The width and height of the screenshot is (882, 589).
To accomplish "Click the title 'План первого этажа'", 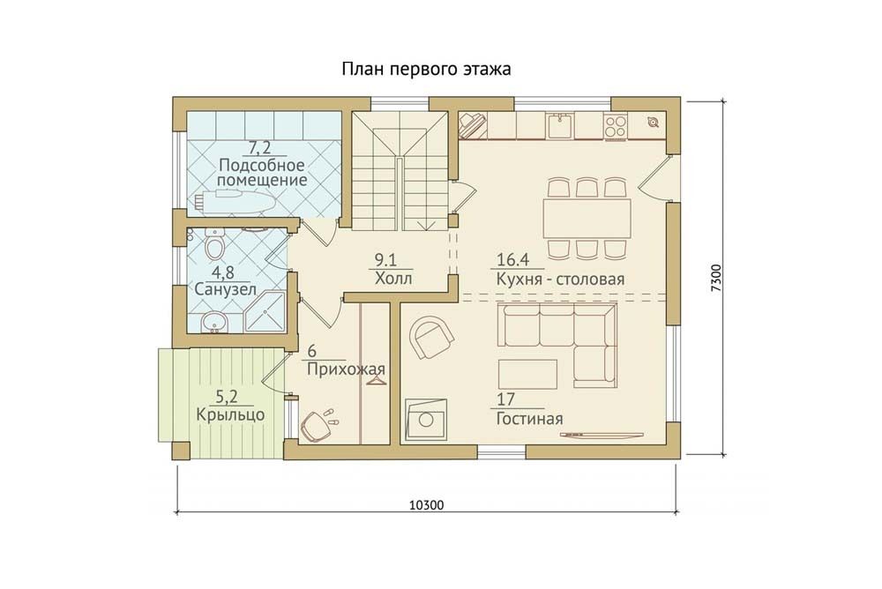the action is pos(426,69).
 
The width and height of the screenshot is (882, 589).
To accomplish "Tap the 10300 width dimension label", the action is pos(426,505).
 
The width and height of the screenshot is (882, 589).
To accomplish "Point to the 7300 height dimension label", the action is pos(715,278).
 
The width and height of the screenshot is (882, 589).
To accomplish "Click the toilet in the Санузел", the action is pos(213,245).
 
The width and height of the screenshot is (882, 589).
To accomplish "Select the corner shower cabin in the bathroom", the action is pos(265,313).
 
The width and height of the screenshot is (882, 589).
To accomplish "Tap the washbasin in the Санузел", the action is pos(214,323).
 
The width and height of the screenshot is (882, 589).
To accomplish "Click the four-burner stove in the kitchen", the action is pos(615,126).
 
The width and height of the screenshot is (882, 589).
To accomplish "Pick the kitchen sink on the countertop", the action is pos(560,126).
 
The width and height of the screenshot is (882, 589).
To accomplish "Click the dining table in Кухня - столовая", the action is pos(587,218).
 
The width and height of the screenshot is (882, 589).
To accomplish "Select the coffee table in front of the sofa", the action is pos(527,375).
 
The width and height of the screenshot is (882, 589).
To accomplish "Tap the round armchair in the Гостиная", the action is pos(431,337).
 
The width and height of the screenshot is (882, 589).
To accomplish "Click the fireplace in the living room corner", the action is pos(426,420).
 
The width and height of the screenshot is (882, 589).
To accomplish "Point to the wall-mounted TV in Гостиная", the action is pos(602,435).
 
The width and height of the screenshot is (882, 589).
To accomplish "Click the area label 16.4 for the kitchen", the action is pos(513,260).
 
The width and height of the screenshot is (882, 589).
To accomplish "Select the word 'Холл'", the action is pos(393,279).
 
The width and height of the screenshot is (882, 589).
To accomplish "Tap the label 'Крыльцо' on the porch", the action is pos(230,415).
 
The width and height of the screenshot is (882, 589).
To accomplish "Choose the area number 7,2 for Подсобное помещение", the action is pos(260,148).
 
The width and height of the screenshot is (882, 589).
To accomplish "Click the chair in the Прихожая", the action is pos(315,427).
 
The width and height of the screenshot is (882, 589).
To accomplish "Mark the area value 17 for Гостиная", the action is pos(505,399).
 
